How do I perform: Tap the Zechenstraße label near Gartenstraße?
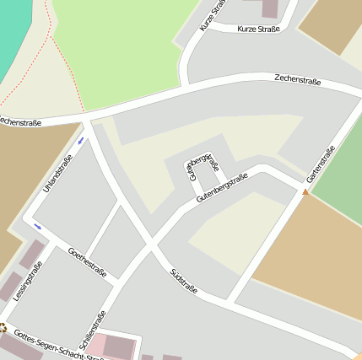[x=298, y=80]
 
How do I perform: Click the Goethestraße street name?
[x=86, y=262]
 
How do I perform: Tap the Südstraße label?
[x=183, y=282]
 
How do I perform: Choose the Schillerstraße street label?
[x=93, y=331]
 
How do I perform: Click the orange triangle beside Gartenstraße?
[x=305, y=192]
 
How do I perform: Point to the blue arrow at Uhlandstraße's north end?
[x=81, y=140]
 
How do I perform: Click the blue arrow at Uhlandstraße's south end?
[x=37, y=226]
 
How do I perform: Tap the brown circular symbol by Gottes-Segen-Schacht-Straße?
[x=3, y=327]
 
